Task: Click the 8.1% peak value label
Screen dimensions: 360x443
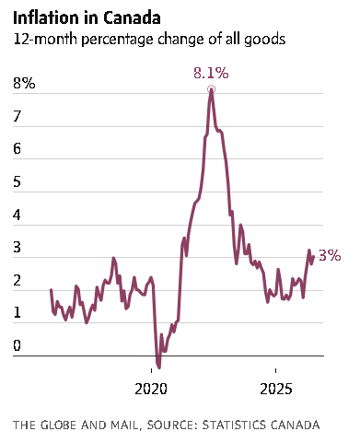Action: coord(211,74)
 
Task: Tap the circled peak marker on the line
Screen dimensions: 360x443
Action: coord(211,89)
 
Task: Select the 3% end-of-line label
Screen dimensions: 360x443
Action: coord(330,255)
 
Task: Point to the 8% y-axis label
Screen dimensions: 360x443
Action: coord(24,83)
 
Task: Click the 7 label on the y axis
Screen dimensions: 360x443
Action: coord(17,116)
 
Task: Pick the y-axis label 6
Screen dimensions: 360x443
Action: coord(17,149)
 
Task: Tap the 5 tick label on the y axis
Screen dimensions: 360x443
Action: coord(17,181)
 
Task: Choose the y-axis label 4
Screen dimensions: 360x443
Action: coord(17,215)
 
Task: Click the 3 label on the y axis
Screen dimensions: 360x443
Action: coord(17,248)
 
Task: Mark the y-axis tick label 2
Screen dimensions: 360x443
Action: coord(17,280)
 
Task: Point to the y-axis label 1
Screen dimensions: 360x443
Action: coord(17,313)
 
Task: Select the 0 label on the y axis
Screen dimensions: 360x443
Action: coord(17,345)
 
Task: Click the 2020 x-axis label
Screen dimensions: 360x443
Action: coord(151,390)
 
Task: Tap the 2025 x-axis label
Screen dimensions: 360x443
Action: coord(276,390)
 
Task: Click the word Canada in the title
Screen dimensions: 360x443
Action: coord(132,17)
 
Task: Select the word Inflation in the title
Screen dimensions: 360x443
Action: coord(46,17)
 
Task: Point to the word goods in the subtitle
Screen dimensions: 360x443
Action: coord(265,41)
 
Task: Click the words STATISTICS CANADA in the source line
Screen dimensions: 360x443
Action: coord(261,426)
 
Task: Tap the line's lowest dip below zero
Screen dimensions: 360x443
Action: coord(159,367)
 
